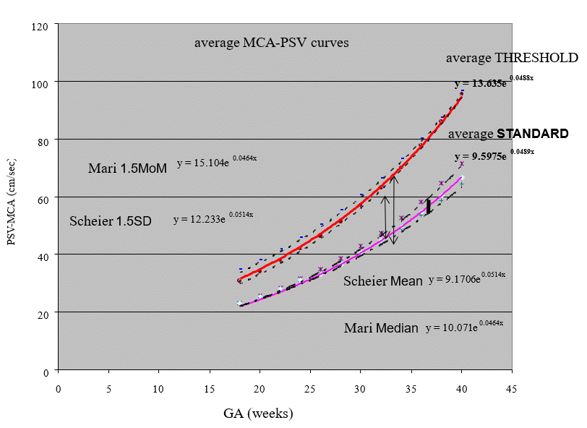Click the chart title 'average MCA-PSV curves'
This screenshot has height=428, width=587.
click(x=271, y=43)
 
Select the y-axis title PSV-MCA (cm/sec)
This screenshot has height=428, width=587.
click(x=12, y=198)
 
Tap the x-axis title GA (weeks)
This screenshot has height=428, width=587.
click(x=257, y=414)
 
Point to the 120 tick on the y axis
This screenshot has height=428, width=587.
click(x=45, y=25)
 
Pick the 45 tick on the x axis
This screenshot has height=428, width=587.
click(x=512, y=388)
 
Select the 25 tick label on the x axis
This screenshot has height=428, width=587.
click(x=310, y=388)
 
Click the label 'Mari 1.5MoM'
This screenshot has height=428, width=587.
click(x=127, y=168)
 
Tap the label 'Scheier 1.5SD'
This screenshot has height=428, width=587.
click(x=110, y=221)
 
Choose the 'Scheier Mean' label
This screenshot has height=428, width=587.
click(x=382, y=281)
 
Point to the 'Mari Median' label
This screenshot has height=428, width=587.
click(x=381, y=328)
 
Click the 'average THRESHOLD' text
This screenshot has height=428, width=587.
click(x=512, y=58)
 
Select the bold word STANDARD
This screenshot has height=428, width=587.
click(x=533, y=134)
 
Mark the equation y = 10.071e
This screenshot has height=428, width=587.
click(x=464, y=326)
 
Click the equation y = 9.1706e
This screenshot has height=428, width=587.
click(x=466, y=278)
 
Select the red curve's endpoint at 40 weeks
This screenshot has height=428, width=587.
click(x=461, y=94)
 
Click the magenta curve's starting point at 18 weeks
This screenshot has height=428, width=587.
click(x=240, y=304)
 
